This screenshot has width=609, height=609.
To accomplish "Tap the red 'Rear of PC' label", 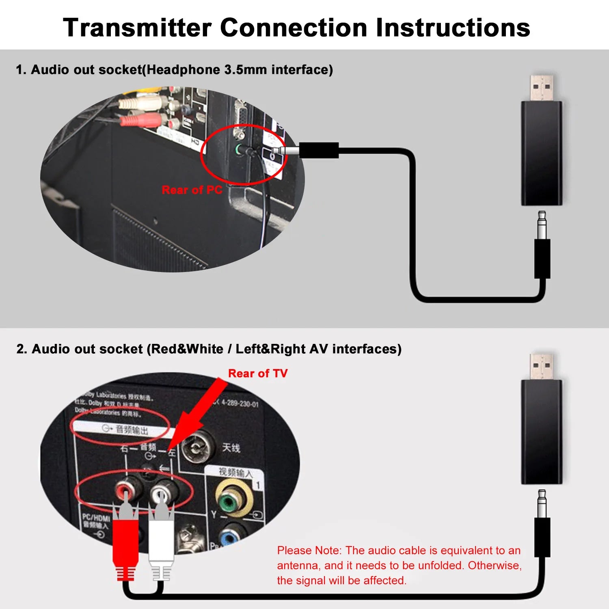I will click(192, 190).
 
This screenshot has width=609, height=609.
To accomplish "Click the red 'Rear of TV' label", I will click(258, 373).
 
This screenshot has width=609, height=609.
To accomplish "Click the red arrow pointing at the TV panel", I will click(199, 414).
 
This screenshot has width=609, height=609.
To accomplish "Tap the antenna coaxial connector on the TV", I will click(197, 447).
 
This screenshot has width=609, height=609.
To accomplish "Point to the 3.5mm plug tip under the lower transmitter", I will click(542, 503).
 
